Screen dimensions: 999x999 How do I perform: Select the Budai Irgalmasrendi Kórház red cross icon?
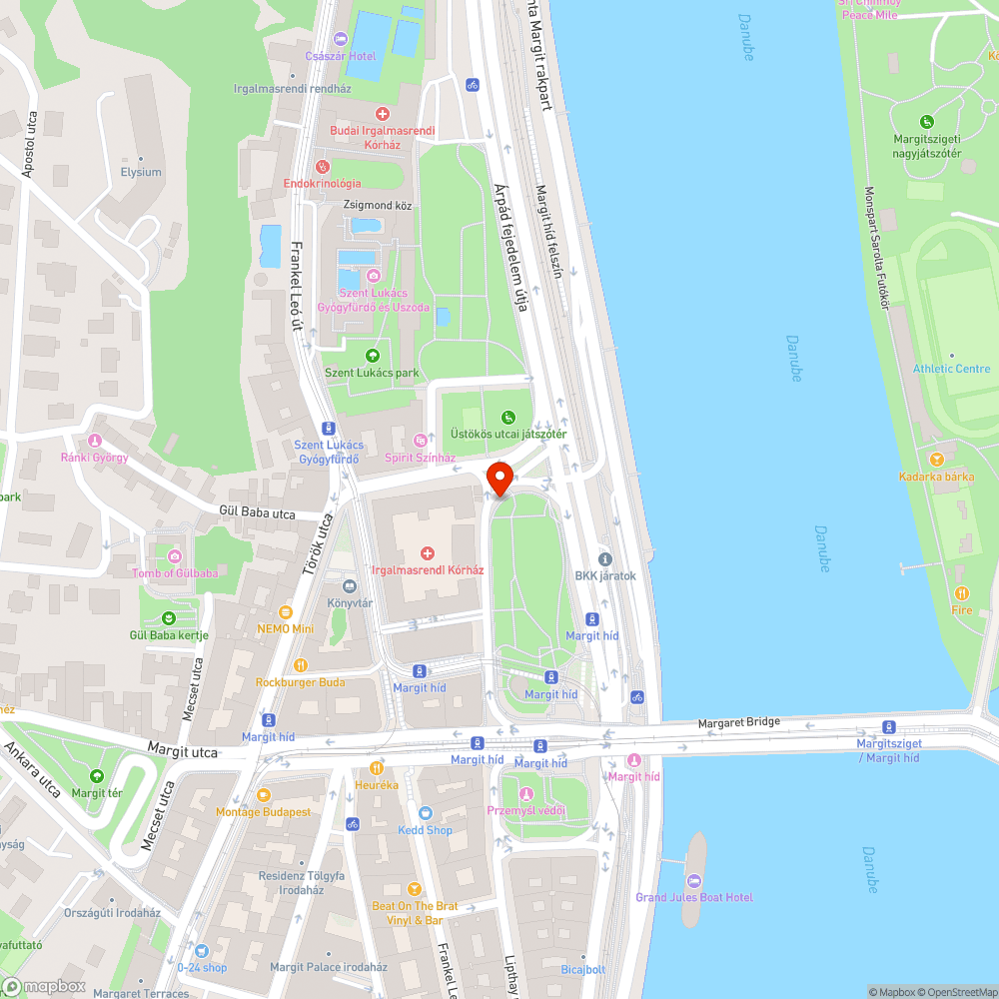381,115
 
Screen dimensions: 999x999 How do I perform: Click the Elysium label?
141,172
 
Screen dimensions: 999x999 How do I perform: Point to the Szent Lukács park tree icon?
373,355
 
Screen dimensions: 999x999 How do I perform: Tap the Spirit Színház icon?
421,440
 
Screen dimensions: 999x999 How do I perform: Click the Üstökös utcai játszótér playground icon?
507,417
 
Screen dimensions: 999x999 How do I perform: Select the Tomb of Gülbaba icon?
175,555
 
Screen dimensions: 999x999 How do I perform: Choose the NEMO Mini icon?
285,611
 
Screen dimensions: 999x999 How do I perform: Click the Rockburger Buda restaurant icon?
300,665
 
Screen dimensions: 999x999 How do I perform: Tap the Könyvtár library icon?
350,586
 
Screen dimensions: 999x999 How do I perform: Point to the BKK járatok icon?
604,558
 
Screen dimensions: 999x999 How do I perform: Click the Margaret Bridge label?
738,722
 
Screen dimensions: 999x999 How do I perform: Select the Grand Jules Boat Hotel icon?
694,880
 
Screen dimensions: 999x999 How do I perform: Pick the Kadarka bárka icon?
936,460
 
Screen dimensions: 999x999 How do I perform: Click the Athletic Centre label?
951,369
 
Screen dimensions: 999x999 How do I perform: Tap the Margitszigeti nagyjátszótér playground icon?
926,121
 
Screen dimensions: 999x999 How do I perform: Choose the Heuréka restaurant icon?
377,768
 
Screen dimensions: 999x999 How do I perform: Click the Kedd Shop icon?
426,813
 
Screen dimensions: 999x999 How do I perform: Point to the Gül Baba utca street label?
258,513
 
